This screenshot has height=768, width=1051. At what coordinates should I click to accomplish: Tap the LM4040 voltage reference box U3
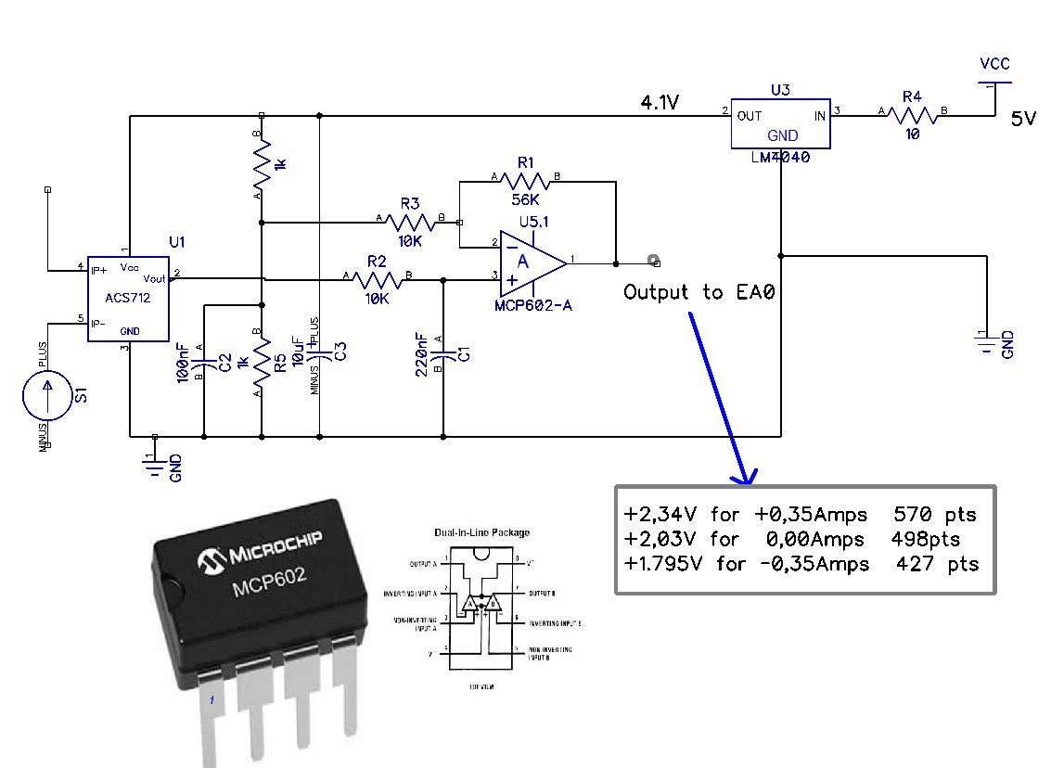coord(780,123)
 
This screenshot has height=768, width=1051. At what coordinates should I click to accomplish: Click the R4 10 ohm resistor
coord(913,115)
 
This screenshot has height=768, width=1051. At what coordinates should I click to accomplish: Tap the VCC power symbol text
coord(994,64)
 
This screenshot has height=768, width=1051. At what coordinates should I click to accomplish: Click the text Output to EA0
coord(698,292)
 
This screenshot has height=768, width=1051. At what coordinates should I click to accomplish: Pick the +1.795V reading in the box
coord(666,563)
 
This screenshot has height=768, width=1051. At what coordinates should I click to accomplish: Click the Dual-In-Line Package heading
coord(481,533)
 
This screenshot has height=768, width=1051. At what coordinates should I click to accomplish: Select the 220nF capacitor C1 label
coord(422,352)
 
